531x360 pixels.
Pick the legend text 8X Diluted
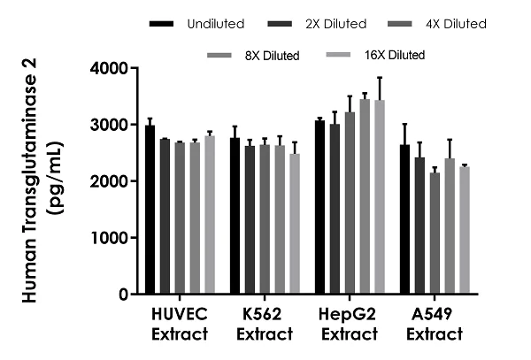coord(273,55)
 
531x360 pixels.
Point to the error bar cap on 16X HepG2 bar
coord(379,78)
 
